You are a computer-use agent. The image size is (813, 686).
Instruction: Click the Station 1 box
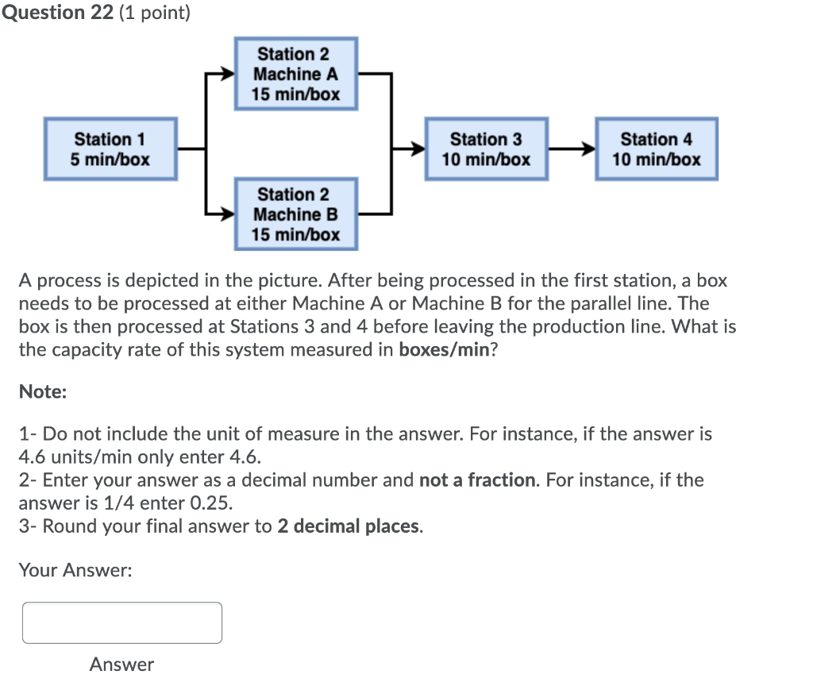click(110, 149)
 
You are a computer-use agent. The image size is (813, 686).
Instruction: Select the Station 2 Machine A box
click(295, 74)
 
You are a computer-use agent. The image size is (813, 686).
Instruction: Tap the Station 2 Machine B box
click(295, 214)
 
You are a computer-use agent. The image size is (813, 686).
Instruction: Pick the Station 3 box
click(486, 149)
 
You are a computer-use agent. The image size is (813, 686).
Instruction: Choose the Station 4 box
click(656, 149)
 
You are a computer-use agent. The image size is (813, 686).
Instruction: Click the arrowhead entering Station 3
click(418, 148)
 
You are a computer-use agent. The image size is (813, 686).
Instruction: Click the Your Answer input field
click(122, 622)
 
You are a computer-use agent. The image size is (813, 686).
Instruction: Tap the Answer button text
click(121, 664)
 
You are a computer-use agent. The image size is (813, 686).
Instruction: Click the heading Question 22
click(57, 13)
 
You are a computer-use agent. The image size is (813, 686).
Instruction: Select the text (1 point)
click(155, 13)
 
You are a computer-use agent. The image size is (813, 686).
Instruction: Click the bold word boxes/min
click(445, 349)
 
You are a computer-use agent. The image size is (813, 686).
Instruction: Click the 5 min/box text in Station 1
click(110, 160)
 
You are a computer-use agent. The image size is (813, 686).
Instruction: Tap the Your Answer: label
click(75, 570)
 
